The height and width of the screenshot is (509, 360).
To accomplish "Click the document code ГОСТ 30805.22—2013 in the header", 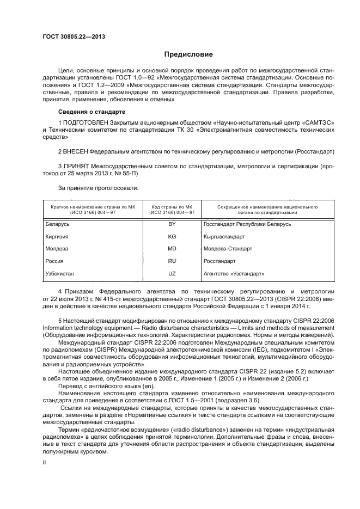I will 74,37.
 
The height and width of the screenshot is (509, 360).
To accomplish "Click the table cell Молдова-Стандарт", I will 228,249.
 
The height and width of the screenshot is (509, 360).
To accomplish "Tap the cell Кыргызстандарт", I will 224,237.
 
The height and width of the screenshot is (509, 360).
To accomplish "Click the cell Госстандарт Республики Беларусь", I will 247,224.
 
